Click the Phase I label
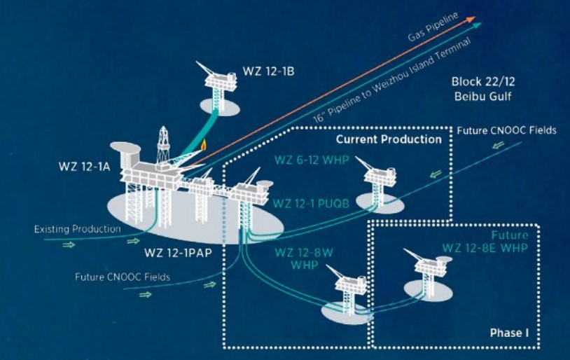[509, 333]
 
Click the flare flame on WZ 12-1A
[203, 146]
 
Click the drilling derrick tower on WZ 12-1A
[164, 144]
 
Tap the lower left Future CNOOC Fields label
[123, 276]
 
